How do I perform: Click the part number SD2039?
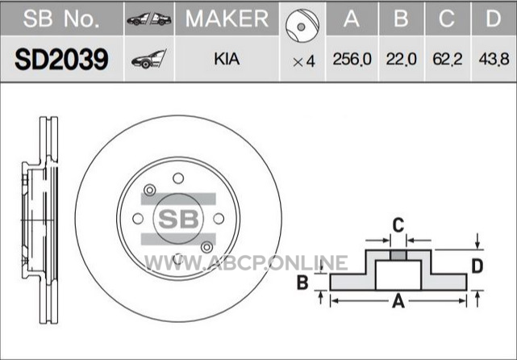coord(61,60)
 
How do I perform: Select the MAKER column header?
coord(227,19)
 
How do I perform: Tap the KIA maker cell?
coord(227,60)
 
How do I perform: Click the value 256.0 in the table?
coord(352,60)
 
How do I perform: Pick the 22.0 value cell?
coord(402,60)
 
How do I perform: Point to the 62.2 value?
coord(448,60)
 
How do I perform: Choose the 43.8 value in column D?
coord(494,60)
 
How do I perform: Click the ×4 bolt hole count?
coord(304,61)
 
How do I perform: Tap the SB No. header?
coord(61,19)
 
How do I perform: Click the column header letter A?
coord(352,19)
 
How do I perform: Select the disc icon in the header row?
coord(302,27)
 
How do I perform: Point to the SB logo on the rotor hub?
coord(178,219)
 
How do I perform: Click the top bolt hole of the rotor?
coord(178,178)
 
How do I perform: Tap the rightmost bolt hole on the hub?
coord(219,219)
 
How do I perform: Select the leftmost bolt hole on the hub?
coord(138,219)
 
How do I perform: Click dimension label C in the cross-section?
coord(398,225)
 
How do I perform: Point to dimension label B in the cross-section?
coord(302,283)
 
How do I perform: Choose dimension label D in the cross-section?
coord(477,266)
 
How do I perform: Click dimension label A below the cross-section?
coord(398,301)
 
